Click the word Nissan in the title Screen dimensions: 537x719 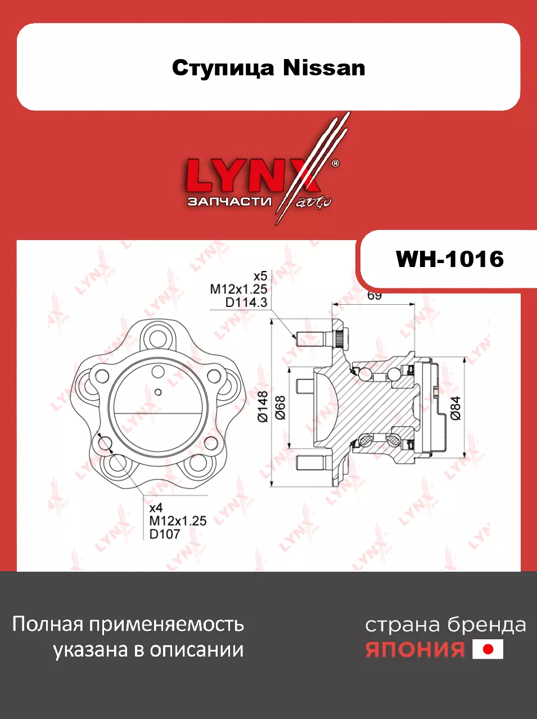coord(324,68)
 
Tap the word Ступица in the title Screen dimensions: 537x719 coord(223,69)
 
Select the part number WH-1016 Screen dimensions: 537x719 coord(449,259)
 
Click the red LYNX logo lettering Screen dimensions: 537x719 coord(252,175)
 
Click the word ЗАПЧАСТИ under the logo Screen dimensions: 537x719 coord(229,201)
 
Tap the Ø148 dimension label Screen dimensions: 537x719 coord(263,406)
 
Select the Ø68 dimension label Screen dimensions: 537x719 coord(281,408)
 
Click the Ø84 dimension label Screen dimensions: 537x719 coord(455,408)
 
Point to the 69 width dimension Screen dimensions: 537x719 coord(374,295)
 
